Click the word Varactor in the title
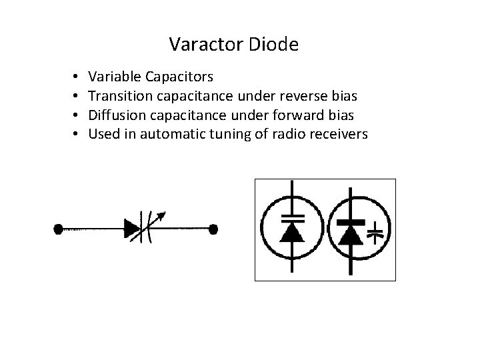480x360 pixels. (x=206, y=45)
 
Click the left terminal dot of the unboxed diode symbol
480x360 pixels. (x=59, y=229)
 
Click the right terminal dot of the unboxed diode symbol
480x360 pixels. (x=213, y=229)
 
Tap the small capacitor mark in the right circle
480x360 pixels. (x=376, y=232)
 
